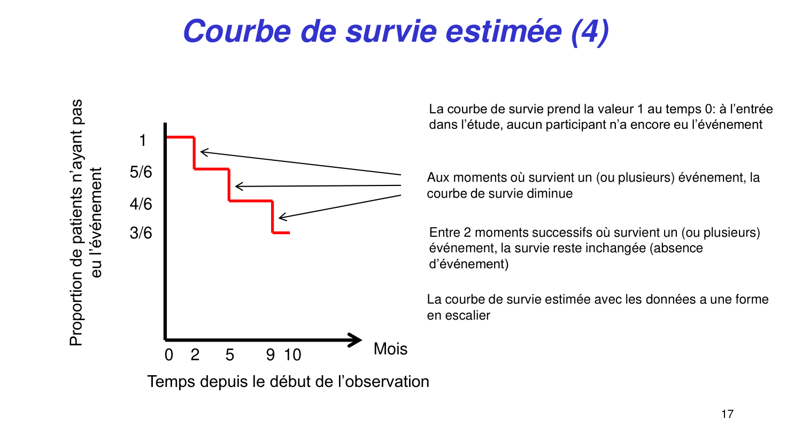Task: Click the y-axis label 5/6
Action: click(141, 172)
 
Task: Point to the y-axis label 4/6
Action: click(141, 204)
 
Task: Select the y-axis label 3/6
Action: click(141, 233)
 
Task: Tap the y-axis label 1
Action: click(142, 141)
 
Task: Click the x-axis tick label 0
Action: click(169, 355)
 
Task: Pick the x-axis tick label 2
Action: click(195, 355)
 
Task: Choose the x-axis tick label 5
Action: click(230, 355)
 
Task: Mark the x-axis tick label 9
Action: click(271, 355)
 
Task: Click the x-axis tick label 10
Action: click(292, 355)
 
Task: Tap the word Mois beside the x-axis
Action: click(390, 349)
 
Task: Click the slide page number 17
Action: click(727, 414)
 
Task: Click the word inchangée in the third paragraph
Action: click(613, 248)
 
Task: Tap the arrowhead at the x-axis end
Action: click(355, 340)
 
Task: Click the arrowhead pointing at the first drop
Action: click(203, 152)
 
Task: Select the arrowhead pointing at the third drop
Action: click(282, 216)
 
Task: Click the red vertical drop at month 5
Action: click(229, 185)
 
